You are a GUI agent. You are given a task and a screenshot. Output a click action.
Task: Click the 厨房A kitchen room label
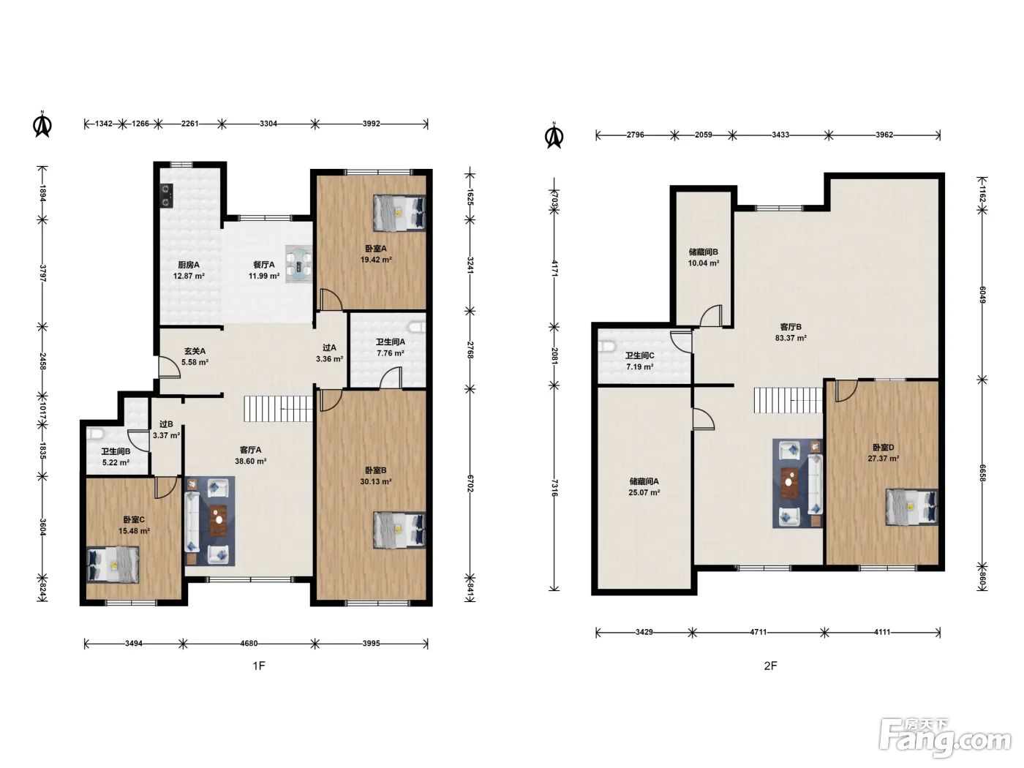pyautogui.click(x=189, y=265)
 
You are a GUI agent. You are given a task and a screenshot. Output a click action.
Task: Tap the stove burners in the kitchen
pyautogui.click(x=166, y=195)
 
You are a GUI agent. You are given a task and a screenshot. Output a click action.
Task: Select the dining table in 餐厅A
pyautogui.click(x=298, y=264)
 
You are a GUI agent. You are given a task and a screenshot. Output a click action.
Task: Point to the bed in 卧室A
pyautogui.click(x=399, y=213)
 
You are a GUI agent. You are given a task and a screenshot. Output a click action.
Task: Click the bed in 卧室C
pyautogui.click(x=113, y=565)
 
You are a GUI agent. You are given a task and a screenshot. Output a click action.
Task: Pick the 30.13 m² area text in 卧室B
pyautogui.click(x=375, y=482)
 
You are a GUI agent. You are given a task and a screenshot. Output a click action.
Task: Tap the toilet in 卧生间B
pyautogui.click(x=94, y=434)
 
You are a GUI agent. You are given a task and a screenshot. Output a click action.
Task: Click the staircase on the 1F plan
pyautogui.click(x=278, y=408)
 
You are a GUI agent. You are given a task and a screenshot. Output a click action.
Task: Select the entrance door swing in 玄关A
pyautogui.click(x=170, y=367)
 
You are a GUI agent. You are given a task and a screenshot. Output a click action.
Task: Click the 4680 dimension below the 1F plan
pyautogui.click(x=249, y=644)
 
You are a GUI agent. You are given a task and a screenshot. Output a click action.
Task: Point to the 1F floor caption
pyautogui.click(x=259, y=666)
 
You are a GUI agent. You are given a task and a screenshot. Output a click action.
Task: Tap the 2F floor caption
pyautogui.click(x=770, y=666)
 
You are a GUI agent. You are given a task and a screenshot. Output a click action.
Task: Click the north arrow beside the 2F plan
pyautogui.click(x=554, y=136)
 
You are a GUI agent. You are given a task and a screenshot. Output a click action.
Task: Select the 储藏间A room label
pyautogui.click(x=644, y=481)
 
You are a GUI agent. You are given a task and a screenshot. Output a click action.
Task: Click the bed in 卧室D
pyautogui.click(x=911, y=507)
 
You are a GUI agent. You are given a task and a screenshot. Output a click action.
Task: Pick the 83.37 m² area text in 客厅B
pyautogui.click(x=791, y=338)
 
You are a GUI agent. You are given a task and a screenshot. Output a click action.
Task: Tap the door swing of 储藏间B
pyautogui.click(x=711, y=316)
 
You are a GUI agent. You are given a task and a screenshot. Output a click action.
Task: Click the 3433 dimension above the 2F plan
pyautogui.click(x=780, y=135)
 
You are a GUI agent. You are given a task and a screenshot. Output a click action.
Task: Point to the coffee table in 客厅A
pyautogui.click(x=218, y=520)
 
